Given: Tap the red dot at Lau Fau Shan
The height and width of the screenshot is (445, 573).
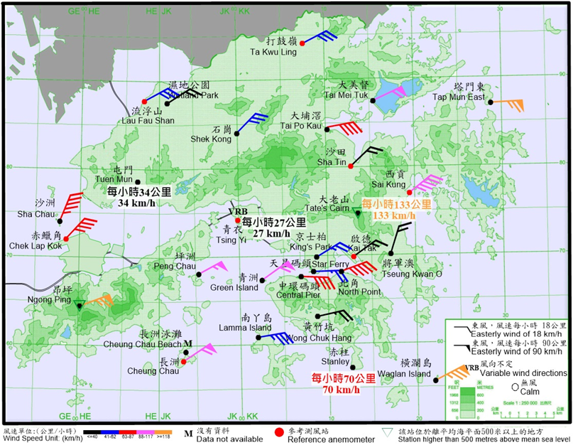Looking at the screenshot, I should (144, 101).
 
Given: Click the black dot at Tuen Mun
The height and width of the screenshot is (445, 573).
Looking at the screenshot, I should (138, 182).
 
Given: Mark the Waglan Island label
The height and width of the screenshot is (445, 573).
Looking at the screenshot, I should (407, 374).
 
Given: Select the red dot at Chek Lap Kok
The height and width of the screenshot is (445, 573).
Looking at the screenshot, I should (65, 238).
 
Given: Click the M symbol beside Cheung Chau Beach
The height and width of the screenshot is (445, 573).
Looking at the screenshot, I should (187, 344).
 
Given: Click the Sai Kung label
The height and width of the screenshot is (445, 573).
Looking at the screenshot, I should (395, 184).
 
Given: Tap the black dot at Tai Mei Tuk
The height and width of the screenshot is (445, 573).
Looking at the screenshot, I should (372, 100).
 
